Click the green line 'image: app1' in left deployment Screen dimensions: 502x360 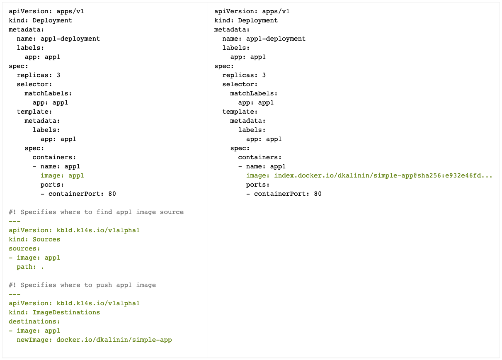click(62, 175)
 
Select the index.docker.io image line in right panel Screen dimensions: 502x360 click(369, 175)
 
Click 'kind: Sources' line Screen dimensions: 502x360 click(34, 239)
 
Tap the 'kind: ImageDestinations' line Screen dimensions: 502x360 click(54, 312)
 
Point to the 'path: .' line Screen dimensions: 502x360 click(30, 267)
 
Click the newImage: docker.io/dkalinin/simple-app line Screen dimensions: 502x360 click(94, 340)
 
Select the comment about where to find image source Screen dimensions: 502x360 click(96, 212)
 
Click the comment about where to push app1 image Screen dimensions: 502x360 click(82, 285)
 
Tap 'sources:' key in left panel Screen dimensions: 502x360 click(24, 248)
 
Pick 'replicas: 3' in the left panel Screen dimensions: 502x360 click(39, 75)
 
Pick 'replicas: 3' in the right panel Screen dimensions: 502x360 click(244, 75)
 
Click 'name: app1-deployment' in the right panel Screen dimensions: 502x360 click(264, 39)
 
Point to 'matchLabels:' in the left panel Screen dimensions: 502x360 click(48, 93)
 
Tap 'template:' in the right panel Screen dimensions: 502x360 click(240, 112)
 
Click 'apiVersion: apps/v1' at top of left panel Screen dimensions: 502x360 click(46, 11)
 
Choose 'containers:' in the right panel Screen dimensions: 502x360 click(260, 157)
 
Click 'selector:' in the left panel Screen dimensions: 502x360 click(34, 84)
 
